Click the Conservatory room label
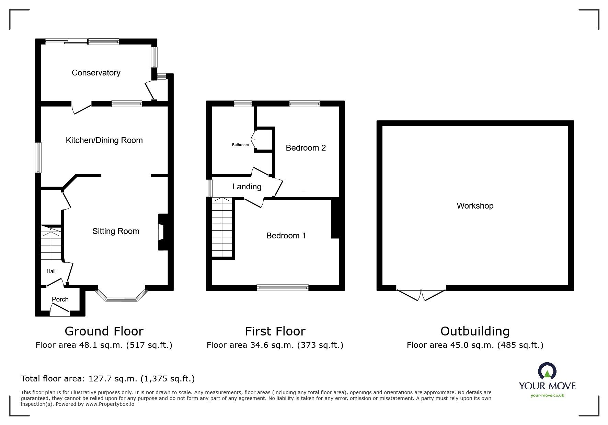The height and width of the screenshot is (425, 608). click(96, 73)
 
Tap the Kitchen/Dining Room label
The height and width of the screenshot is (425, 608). click(104, 140)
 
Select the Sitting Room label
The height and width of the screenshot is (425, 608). click(116, 231)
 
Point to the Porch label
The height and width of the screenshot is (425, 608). click(60, 299)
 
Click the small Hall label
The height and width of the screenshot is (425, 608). click(51, 271)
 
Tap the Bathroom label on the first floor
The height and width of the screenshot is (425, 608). click(240, 145)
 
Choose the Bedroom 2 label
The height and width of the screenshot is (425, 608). click(306, 148)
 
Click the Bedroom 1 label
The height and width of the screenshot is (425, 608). click(286, 236)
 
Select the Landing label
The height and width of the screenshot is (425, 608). click(246, 187)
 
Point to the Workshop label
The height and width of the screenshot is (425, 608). click(475, 206)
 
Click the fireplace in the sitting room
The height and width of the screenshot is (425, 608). click(161, 232)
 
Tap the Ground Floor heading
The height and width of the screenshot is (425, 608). click(104, 331)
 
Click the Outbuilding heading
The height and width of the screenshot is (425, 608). click(475, 331)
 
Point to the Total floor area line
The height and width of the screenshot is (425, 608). click(108, 379)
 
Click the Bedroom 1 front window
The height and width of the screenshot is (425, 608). click(283, 288)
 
